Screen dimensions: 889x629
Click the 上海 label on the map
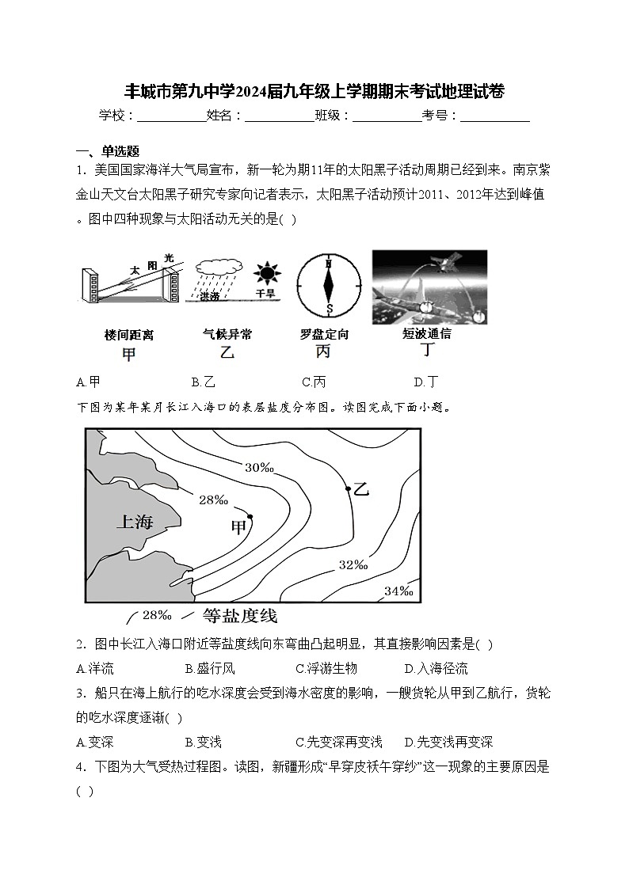click(x=134, y=522)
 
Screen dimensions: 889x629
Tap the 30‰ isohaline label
click(x=259, y=468)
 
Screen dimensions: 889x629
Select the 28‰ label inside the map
click(x=213, y=500)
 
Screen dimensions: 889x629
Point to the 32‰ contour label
click(x=353, y=565)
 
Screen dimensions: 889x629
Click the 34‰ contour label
click(x=398, y=591)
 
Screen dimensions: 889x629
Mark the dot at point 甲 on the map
click(x=250, y=517)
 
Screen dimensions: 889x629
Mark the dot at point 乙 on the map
click(x=348, y=489)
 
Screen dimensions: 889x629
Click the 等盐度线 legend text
click(x=240, y=616)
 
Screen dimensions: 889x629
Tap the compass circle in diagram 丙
click(x=328, y=285)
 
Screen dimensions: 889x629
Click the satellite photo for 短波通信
click(x=429, y=287)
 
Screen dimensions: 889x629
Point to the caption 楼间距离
click(x=128, y=335)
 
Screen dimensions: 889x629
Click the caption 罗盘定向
click(x=324, y=335)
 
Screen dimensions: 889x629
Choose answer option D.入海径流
click(x=436, y=668)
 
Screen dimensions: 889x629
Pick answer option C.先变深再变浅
click(x=338, y=742)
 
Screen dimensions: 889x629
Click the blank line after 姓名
click(x=279, y=116)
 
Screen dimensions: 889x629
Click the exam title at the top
click(x=314, y=91)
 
